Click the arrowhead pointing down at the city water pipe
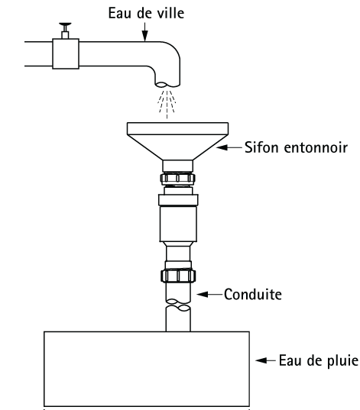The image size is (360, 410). pyautogui.click(x=144, y=36)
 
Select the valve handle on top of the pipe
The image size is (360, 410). pyautogui.click(x=65, y=24)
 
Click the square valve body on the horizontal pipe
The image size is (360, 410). pyautogui.click(x=66, y=54)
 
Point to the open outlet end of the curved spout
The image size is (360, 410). pyautogui.click(x=167, y=85)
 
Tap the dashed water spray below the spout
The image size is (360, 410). pyautogui.click(x=167, y=104)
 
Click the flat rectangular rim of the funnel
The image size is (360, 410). pyautogui.click(x=177, y=128)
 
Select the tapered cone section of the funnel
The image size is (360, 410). pyautogui.click(x=177, y=147)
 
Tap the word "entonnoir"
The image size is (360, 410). pyautogui.click(x=316, y=147)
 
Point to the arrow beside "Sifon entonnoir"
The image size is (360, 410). pyautogui.click(x=229, y=147)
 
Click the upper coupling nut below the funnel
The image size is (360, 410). pyautogui.click(x=178, y=179)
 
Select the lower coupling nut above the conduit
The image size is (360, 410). pyautogui.click(x=178, y=276)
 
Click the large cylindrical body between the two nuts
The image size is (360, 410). pyautogui.click(x=178, y=224)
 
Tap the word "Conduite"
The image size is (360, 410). pyautogui.click(x=253, y=295)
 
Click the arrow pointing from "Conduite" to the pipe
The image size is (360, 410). pyautogui.click(x=209, y=295)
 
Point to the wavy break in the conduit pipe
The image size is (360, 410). pyautogui.click(x=178, y=305)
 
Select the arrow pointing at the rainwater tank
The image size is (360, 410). pyautogui.click(x=266, y=360)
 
